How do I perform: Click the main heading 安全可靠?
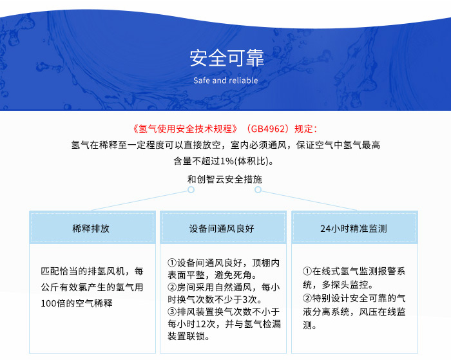pos(227,58)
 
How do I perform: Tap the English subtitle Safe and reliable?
pos(225,81)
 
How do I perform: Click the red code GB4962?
pos(267,129)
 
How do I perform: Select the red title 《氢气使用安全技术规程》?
pos(186,129)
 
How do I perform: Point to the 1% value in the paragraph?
pos(227,161)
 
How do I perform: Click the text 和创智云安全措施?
pos(225,179)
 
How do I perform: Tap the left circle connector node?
pos(191,189)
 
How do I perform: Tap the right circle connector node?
pos(258,189)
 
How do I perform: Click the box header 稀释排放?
pos(91,229)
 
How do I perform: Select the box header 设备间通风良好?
pos(222,229)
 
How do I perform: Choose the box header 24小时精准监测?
pos(354,229)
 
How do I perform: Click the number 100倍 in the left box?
pos(53,303)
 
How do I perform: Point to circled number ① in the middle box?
pos(172,263)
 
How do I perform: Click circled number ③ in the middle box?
pos(172,312)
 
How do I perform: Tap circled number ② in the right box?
pos(307,298)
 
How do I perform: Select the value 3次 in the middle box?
pos(250,299)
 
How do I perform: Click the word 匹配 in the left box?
pos(50,271)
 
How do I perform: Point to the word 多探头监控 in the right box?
pos(345,285)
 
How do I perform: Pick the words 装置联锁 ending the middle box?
pos(186,336)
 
